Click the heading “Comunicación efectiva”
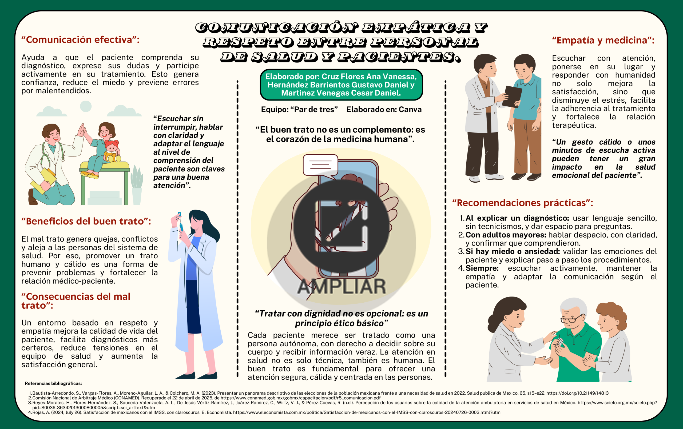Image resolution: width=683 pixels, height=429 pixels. tap(80, 40)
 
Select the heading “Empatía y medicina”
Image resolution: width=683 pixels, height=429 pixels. tap(603, 40)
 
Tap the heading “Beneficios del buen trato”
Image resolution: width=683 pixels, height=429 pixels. tap(86, 221)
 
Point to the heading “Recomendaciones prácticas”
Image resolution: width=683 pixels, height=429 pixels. tap(522, 203)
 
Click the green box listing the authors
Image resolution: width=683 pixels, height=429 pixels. tap(341, 85)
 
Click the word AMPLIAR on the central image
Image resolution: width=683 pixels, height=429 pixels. tap(341, 286)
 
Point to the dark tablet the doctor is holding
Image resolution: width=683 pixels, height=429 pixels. tap(512, 97)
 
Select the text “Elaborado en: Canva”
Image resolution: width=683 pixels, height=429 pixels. tap(384, 109)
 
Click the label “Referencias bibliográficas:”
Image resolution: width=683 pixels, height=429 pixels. tap(53, 383)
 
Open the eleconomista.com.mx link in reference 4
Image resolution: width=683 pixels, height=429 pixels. tap(367, 412)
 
